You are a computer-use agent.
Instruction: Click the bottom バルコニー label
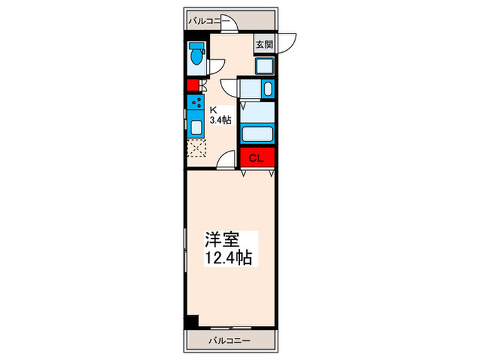point(230,341)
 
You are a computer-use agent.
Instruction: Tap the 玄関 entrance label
point(265,45)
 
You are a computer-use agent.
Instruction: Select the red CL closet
point(256,158)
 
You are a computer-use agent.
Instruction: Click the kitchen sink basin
point(195,128)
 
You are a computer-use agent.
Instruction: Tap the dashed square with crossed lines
point(196,147)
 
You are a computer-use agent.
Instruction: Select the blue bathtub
point(257,133)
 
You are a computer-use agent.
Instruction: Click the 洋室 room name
point(220,241)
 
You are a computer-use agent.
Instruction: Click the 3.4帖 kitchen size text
point(219,120)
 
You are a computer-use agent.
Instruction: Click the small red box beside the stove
point(192,86)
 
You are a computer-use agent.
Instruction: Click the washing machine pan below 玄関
point(265,66)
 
